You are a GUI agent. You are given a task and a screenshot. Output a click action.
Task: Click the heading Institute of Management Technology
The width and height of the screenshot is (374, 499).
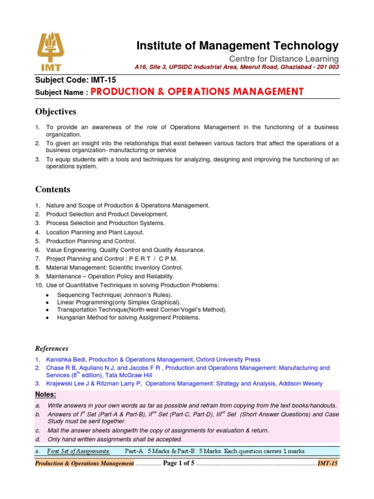(x=237, y=46)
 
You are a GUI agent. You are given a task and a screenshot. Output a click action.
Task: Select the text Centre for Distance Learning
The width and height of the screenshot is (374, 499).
(x=284, y=59)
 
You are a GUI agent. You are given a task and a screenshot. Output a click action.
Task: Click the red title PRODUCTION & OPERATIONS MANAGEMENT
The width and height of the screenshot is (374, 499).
(x=197, y=92)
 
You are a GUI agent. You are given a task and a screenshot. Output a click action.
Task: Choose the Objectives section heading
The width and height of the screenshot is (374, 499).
(x=56, y=112)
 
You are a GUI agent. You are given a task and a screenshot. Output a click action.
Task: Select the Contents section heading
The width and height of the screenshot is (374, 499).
(x=53, y=189)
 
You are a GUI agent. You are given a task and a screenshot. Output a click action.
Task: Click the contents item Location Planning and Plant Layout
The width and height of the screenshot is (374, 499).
(x=95, y=232)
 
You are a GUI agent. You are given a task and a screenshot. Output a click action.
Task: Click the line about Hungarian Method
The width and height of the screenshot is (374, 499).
(x=128, y=317)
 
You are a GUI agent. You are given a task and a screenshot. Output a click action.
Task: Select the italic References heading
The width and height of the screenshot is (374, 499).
(x=52, y=348)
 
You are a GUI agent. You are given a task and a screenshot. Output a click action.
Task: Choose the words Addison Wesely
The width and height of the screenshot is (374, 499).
(x=300, y=384)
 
